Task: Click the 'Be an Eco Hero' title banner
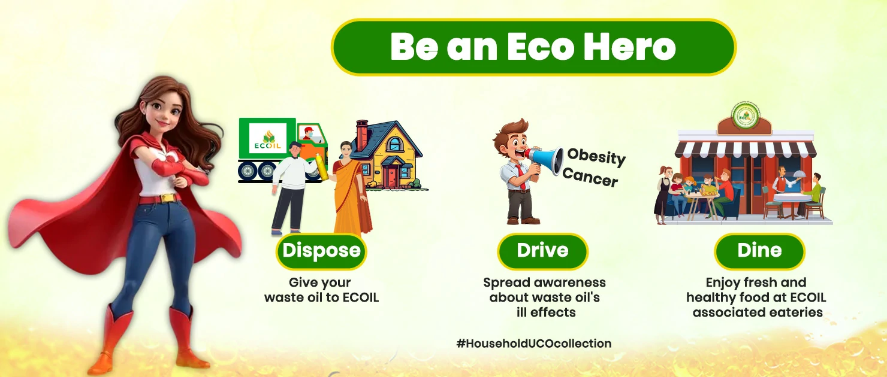coord(533,47)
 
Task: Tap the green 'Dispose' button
coord(321,250)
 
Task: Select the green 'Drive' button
coord(542,250)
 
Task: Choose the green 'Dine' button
coord(759,250)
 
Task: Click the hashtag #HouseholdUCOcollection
coord(533,343)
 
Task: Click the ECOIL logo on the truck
coord(267,139)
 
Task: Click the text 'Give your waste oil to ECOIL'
coord(321,290)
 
